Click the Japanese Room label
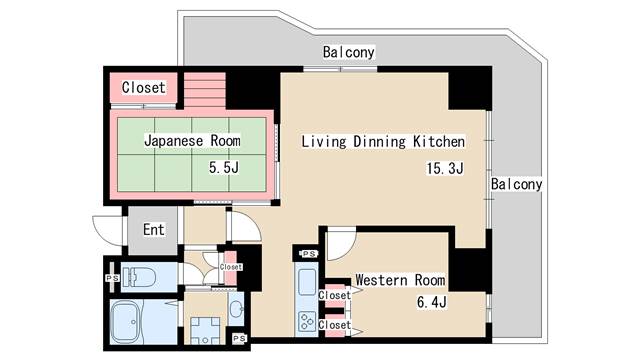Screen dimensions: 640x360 tap(192, 141)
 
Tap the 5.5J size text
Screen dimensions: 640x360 tap(224, 167)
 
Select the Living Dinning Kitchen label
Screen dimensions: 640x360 tap(383, 142)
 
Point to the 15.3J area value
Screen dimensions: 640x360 tap(445, 168)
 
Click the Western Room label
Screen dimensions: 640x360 tap(400, 280)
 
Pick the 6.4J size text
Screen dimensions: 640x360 tap(431, 302)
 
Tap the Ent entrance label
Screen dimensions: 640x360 tap(153, 229)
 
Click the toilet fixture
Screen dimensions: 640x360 tap(139, 277)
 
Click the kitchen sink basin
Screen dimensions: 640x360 tap(307, 281)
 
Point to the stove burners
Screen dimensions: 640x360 tap(307, 321)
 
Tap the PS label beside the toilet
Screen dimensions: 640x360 tap(112, 278)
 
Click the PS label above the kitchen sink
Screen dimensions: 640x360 tap(309, 254)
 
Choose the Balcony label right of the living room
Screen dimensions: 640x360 tap(516, 184)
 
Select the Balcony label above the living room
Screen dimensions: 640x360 tap(349, 52)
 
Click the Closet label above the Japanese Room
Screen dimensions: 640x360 tap(144, 87)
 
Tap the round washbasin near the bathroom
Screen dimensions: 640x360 tap(236, 309)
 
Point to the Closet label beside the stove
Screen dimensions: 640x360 tap(335, 325)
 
